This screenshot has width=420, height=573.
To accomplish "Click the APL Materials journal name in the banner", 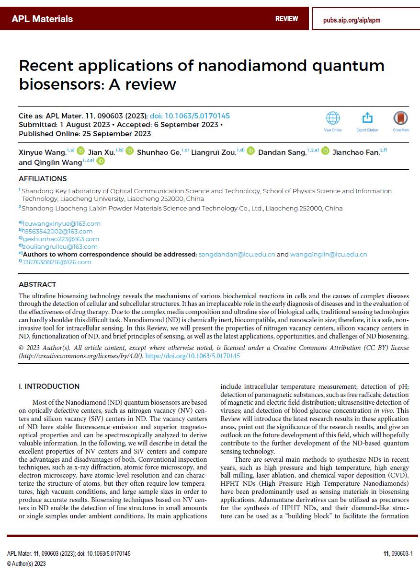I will point(42,19).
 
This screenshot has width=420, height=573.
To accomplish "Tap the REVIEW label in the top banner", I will point(286,19).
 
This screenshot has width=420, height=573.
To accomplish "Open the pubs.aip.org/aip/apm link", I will point(352,20).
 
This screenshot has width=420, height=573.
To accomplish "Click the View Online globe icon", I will point(332,118).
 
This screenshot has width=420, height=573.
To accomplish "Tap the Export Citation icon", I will point(367,118).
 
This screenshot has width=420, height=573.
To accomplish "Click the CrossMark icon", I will point(400,118).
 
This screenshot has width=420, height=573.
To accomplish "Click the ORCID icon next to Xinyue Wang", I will point(80,152).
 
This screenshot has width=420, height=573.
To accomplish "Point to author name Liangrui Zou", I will point(213,152).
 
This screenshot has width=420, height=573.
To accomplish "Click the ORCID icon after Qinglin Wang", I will point(101,162).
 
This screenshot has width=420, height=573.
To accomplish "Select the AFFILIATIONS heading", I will point(43,179).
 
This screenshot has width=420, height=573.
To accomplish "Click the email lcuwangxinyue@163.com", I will point(62,223).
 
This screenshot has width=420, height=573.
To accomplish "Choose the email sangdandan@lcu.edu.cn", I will point(237,254).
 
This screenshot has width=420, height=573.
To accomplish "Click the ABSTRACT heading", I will point(37,284).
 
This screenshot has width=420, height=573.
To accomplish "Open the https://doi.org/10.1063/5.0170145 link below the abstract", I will point(193,356).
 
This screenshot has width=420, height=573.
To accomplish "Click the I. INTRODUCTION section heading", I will point(49,386).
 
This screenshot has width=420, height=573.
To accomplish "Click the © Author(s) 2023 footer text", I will point(27,564).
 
